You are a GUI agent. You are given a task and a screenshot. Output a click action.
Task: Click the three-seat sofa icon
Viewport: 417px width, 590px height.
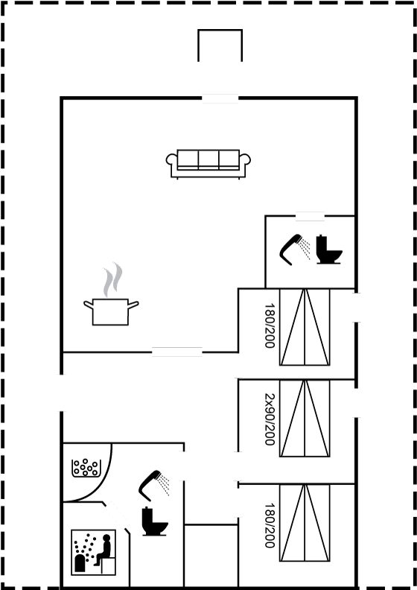tap(208, 164)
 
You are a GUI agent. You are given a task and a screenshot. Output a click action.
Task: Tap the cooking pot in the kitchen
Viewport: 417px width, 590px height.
tap(111, 312)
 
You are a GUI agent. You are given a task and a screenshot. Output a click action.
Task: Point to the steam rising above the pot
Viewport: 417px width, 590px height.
tap(112, 279)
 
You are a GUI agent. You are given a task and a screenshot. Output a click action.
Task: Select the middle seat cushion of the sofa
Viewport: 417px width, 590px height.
tap(208, 159)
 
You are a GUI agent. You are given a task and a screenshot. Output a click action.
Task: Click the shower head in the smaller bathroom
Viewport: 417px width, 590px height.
tap(295, 249)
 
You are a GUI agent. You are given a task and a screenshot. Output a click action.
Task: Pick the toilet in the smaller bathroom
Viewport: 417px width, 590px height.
tap(329, 250)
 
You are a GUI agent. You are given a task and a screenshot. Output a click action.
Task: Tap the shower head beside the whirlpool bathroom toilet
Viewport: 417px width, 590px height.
tap(153, 485)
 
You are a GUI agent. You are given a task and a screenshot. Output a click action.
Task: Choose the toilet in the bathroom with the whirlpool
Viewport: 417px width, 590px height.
tap(155, 521)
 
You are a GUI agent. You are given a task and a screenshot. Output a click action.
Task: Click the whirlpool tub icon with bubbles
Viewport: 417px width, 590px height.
tap(86, 468)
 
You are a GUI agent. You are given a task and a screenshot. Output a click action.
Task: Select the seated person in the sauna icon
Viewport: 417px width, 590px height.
tap(104, 550)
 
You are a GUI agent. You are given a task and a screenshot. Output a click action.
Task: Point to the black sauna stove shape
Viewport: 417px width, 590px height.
tap(80, 563)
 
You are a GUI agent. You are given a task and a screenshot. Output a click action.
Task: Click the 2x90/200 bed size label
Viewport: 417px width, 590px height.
tap(270, 419)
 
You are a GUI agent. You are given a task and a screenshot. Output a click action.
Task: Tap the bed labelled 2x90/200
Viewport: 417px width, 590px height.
tap(305, 418)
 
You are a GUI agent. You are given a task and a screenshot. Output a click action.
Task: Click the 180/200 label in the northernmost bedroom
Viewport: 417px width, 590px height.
tap(270, 326)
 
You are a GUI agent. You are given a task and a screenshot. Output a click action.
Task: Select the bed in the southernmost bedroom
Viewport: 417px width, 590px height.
tap(305, 523)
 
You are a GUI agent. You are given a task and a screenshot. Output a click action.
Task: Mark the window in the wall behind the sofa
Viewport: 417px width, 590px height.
tap(220, 98)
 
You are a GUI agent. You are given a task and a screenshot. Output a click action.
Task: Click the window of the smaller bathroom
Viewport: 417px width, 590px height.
tap(311, 216)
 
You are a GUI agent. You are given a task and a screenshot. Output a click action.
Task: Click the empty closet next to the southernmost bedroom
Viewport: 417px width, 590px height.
tap(211, 555)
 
